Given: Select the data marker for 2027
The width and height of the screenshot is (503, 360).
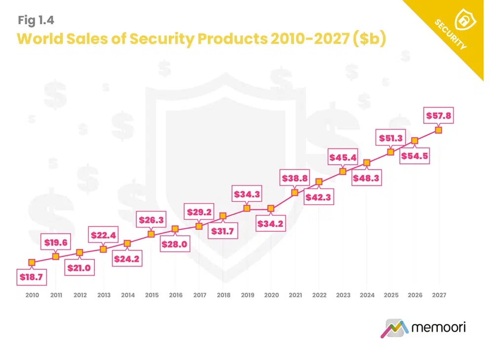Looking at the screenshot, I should click(x=438, y=130).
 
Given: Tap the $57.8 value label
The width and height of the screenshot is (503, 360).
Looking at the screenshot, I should click(x=438, y=116).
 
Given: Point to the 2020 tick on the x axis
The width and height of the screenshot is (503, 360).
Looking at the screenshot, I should click(x=271, y=295).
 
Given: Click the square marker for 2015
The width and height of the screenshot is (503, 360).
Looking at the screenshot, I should click(x=152, y=234).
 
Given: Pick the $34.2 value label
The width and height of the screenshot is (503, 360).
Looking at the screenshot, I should click(x=271, y=223).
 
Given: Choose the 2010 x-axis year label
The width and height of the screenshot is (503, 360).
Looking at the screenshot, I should click(x=32, y=295).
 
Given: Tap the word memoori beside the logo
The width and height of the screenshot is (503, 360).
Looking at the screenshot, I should click(x=438, y=326).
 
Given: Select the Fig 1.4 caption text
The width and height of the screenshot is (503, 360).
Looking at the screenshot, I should click(x=36, y=20).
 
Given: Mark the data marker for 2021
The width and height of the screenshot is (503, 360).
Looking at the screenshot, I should click(x=295, y=192).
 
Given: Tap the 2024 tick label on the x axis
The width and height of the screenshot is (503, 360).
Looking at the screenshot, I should click(x=367, y=295).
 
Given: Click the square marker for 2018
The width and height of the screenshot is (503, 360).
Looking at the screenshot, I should click(x=223, y=216).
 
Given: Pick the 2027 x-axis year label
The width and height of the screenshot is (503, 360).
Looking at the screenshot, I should click(x=439, y=295).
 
